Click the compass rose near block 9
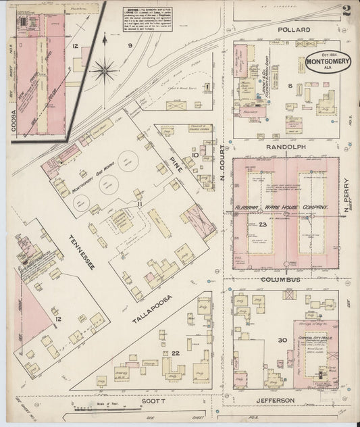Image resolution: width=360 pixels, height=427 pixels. click(x=104, y=68)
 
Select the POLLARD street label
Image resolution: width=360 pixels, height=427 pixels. click(x=293, y=30)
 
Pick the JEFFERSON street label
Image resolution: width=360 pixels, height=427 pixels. click(x=274, y=400)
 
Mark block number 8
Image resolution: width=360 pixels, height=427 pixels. click(x=290, y=86)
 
